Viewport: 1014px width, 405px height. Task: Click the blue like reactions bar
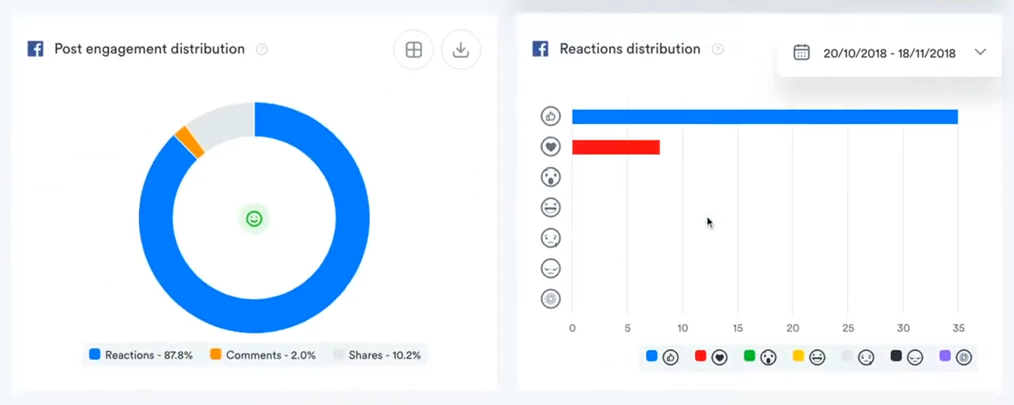[765, 117]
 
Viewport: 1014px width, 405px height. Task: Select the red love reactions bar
[615, 147]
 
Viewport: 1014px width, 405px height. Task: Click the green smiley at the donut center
[254, 218]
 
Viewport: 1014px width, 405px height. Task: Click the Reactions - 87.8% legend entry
[141, 355]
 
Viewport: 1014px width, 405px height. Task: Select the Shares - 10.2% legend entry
[378, 355]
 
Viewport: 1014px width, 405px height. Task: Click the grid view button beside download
[414, 51]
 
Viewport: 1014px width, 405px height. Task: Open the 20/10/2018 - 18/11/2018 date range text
[889, 53]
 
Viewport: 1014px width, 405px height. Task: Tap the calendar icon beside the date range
[802, 52]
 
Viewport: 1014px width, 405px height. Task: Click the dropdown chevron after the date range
[980, 52]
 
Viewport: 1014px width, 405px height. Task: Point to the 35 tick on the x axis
[958, 328]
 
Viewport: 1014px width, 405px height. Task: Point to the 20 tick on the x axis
[793, 328]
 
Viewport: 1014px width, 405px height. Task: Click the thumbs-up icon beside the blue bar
[551, 116]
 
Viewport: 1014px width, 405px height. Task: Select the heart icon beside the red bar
[551, 147]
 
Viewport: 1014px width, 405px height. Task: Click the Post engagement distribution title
[149, 49]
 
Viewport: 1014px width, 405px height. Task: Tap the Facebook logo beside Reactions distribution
[540, 49]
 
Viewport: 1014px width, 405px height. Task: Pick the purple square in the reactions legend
[945, 356]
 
